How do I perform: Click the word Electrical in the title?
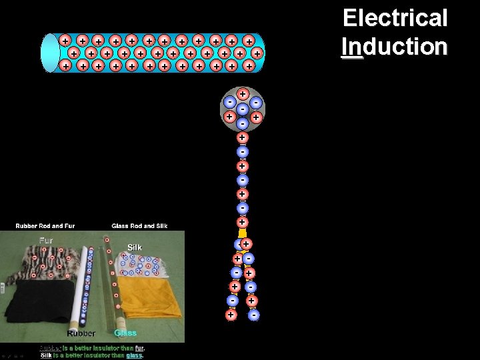(x=395, y=18)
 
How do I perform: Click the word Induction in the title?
(x=395, y=46)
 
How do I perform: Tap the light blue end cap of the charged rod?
(x=50, y=52)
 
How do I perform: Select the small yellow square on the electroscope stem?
(x=243, y=233)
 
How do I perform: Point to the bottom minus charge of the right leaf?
(x=254, y=315)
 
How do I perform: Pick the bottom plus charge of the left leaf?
(x=231, y=314)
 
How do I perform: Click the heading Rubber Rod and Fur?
(x=45, y=225)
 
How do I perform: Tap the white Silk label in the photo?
(x=134, y=247)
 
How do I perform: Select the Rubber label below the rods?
(x=81, y=333)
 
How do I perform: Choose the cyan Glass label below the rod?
(x=125, y=333)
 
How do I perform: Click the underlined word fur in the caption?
(x=139, y=347)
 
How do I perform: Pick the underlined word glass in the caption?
(x=134, y=355)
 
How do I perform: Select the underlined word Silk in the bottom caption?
(x=46, y=355)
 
